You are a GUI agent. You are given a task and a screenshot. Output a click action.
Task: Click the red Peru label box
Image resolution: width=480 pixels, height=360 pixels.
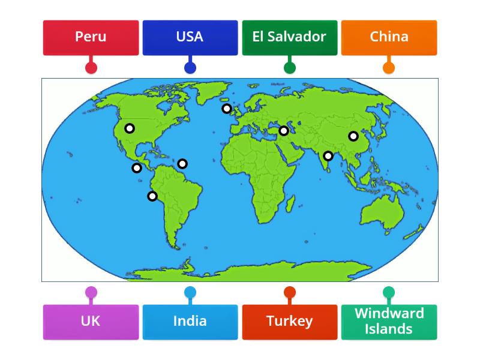(91, 37)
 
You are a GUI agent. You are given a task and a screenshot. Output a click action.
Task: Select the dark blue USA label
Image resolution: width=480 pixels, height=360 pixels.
(190, 37)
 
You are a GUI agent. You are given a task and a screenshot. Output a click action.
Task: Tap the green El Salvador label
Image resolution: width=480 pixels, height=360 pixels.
(289, 37)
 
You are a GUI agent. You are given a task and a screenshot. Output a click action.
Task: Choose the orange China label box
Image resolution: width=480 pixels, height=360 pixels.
(389, 37)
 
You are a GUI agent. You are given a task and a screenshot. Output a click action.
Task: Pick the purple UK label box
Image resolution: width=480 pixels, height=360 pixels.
(91, 322)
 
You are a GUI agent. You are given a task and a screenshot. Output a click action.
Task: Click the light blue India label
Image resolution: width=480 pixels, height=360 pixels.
(190, 322)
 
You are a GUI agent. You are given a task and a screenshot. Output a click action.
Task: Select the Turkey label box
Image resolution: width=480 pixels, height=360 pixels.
(289, 322)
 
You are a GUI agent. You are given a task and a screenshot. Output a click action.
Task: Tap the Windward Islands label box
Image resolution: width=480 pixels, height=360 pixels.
(389, 322)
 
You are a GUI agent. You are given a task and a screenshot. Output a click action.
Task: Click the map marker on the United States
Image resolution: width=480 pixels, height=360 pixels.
(130, 128)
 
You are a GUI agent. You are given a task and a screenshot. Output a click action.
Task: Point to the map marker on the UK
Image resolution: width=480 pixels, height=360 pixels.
(227, 109)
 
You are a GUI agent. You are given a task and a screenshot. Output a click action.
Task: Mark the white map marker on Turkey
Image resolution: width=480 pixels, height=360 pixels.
(284, 131)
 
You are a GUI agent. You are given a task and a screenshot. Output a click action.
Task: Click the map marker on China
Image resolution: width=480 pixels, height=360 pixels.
(353, 136)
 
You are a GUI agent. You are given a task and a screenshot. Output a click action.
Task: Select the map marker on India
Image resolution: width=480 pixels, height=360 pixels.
(328, 156)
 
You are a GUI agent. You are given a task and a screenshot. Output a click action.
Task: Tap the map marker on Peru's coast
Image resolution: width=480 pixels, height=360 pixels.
(152, 196)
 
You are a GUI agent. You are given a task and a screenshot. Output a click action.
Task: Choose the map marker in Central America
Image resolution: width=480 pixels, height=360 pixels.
(137, 168)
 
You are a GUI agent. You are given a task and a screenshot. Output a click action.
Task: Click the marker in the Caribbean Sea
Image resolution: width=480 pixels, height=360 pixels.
(182, 164)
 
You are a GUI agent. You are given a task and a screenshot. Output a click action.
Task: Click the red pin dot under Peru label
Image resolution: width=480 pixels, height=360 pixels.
(91, 68)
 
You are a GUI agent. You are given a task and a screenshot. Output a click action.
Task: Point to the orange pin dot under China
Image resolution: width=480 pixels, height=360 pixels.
(389, 68)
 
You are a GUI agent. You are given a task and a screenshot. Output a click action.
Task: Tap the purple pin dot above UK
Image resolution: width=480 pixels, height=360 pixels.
(91, 293)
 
